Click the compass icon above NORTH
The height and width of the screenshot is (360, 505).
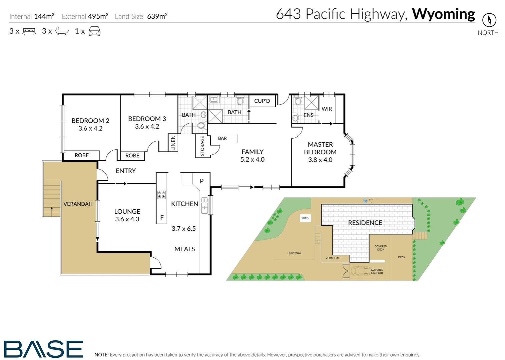coord(489,20)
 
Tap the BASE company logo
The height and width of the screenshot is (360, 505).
coord(43,349)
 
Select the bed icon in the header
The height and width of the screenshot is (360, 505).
coord(29,32)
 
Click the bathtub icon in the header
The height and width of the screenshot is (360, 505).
coord(62,31)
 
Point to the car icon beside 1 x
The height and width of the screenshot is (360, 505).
coord(94,31)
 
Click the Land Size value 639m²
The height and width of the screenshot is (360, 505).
coord(157,16)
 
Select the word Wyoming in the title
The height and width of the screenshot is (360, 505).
coord(443,14)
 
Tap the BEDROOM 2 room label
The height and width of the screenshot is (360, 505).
coord(90,121)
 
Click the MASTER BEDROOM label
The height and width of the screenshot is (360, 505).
coord(320,148)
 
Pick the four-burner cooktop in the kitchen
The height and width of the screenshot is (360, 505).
coord(161,195)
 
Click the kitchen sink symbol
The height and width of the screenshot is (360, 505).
coord(204,205)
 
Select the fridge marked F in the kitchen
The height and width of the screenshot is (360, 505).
coord(162,218)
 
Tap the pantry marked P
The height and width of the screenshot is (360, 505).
coord(201,181)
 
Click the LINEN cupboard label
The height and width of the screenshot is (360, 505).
coord(173,143)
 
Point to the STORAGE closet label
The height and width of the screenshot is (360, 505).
coord(202,146)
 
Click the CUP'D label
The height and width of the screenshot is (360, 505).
coord(262,101)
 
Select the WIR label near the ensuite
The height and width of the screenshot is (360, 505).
coord(327,109)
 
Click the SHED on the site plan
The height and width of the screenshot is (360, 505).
coord(305,218)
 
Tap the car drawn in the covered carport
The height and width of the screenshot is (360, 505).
coord(360,271)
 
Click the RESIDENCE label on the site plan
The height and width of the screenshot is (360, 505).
coord(365,223)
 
